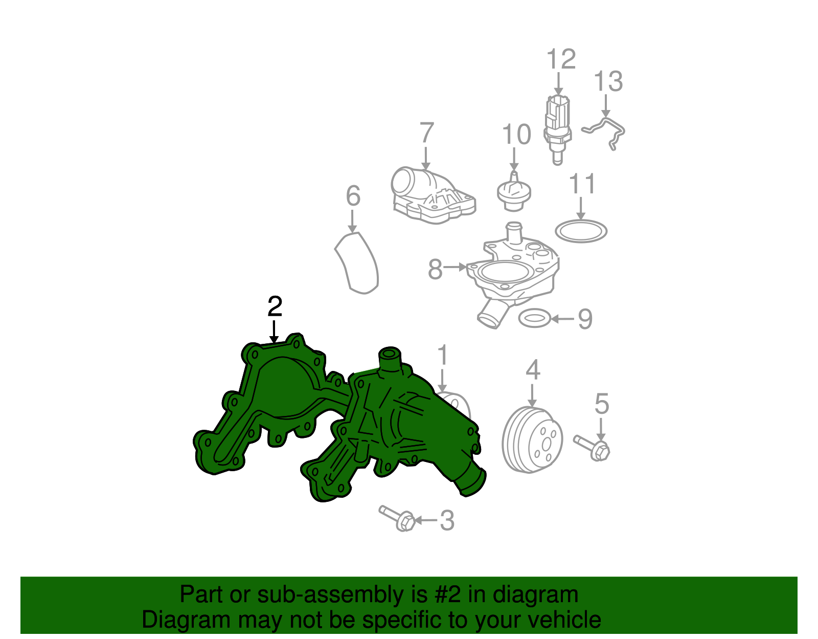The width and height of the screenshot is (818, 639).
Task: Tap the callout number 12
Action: (x=561, y=59)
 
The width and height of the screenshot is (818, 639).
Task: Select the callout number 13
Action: (x=608, y=81)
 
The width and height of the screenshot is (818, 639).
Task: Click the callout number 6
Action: (x=353, y=195)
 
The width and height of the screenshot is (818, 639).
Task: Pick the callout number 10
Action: (x=516, y=134)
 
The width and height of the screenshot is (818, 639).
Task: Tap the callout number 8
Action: (x=435, y=270)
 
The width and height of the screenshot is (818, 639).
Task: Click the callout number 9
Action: (x=585, y=319)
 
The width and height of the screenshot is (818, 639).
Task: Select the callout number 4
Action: (x=533, y=369)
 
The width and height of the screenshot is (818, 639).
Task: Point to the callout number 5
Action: (x=602, y=404)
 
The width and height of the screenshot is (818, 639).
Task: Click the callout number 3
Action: (x=447, y=521)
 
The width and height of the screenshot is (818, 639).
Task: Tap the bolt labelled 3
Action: (x=397, y=518)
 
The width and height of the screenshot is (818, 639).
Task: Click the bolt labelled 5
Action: (x=591, y=448)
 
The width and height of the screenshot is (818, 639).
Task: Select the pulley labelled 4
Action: (x=532, y=440)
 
